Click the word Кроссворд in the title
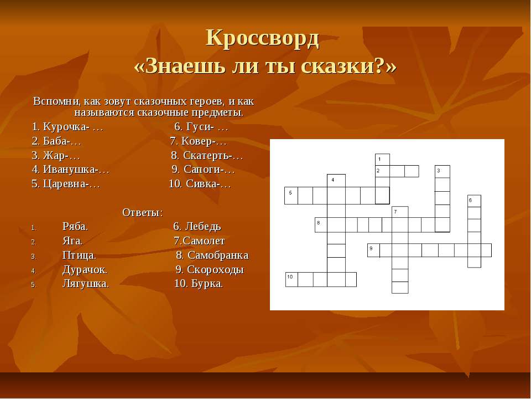point(262,38)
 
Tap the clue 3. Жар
point(55,155)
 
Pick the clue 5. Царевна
point(66,183)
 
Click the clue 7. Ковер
point(198,141)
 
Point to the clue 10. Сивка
point(200,183)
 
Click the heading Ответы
point(143,212)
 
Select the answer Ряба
point(75,226)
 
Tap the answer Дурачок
point(85,270)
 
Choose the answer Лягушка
point(86,283)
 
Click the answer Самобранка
point(218,255)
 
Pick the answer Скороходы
point(215,270)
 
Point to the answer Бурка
point(207,283)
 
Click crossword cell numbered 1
point(382,160)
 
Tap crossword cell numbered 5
point(291,196)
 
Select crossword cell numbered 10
point(291,279)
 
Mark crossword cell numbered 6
point(474,201)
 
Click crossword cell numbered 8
point(321,224)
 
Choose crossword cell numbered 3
point(442,172)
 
